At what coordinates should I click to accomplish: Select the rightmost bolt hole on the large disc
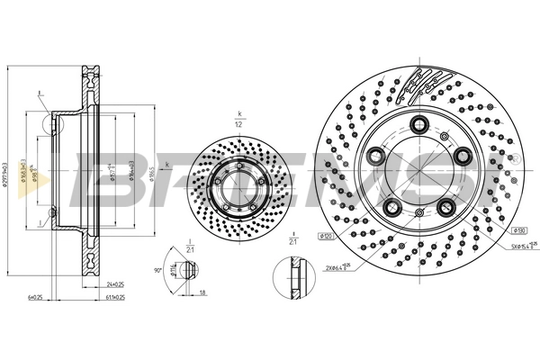click(x=463, y=157)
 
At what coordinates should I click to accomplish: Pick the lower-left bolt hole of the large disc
click(x=391, y=210)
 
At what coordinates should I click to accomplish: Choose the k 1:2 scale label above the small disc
click(x=239, y=117)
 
